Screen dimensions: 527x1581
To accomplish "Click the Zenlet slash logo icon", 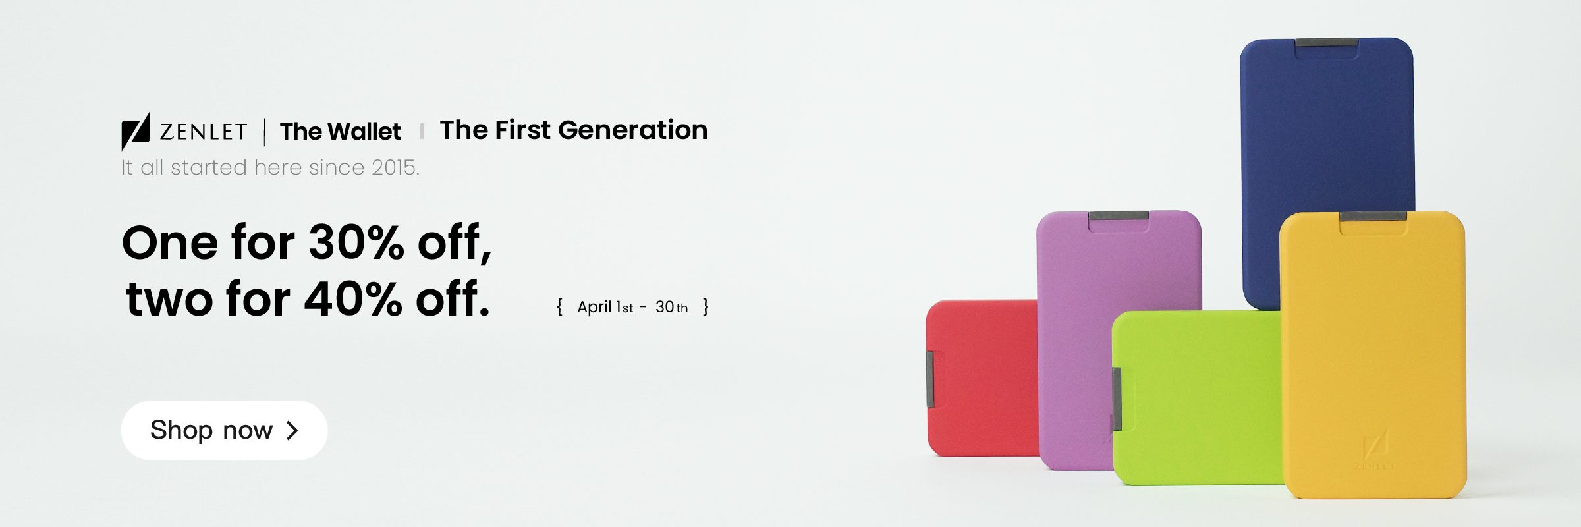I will (x=136, y=131).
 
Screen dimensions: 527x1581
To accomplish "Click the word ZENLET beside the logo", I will (x=204, y=132).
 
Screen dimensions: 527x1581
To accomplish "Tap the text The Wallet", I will (x=340, y=132).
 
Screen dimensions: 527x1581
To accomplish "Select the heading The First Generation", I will (x=573, y=130).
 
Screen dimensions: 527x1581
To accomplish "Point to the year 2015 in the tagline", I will (x=394, y=167).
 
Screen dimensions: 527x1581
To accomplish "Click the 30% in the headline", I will (x=356, y=242).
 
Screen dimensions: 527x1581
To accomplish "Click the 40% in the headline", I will (x=353, y=298).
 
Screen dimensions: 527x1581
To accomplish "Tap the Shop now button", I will (x=223, y=430).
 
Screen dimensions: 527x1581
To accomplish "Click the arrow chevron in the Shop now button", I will (x=292, y=430).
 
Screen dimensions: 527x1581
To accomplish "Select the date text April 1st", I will (x=605, y=307).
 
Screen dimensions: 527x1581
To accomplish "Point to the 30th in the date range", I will (x=671, y=307).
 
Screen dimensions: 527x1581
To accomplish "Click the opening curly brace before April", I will (x=559, y=307).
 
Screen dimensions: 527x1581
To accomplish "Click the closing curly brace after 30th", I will (x=706, y=307).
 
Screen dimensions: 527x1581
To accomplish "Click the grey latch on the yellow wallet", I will (x=1373, y=216).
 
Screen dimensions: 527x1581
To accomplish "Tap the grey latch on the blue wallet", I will (x=1327, y=43).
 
